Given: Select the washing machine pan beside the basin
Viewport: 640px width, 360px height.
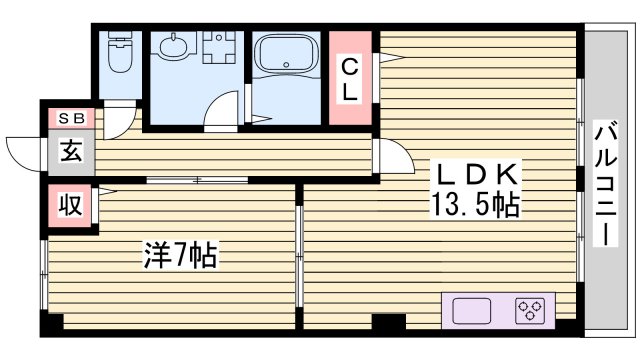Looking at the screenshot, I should [x=218, y=48].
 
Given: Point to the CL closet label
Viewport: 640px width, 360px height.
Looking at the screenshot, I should [x=350, y=79].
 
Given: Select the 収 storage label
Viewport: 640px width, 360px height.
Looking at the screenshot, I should [x=69, y=207].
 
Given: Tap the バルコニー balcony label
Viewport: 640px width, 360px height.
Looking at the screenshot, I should [x=604, y=186].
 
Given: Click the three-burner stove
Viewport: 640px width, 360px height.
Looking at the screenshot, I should [x=530, y=310].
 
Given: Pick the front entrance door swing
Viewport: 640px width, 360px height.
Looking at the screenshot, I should [x=27, y=147].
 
